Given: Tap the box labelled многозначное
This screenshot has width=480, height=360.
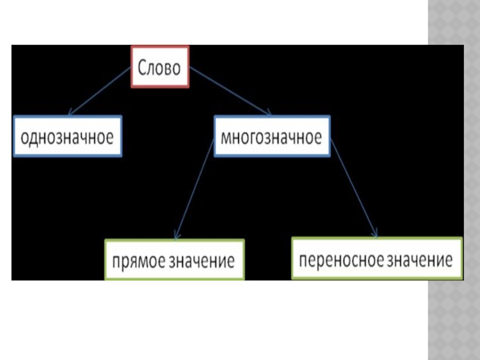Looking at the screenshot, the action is [271, 137].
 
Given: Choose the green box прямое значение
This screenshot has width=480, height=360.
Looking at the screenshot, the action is [175, 260].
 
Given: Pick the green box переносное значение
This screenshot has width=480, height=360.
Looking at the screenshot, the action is [377, 259].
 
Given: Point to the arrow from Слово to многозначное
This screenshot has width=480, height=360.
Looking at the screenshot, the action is [231, 91].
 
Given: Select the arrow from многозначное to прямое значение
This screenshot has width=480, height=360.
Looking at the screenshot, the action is [193, 189].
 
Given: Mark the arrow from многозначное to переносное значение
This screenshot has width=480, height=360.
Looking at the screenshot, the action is [355, 189].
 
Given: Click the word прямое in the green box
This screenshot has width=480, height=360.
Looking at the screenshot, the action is [137, 261].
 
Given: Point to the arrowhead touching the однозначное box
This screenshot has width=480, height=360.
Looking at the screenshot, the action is [71, 113].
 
